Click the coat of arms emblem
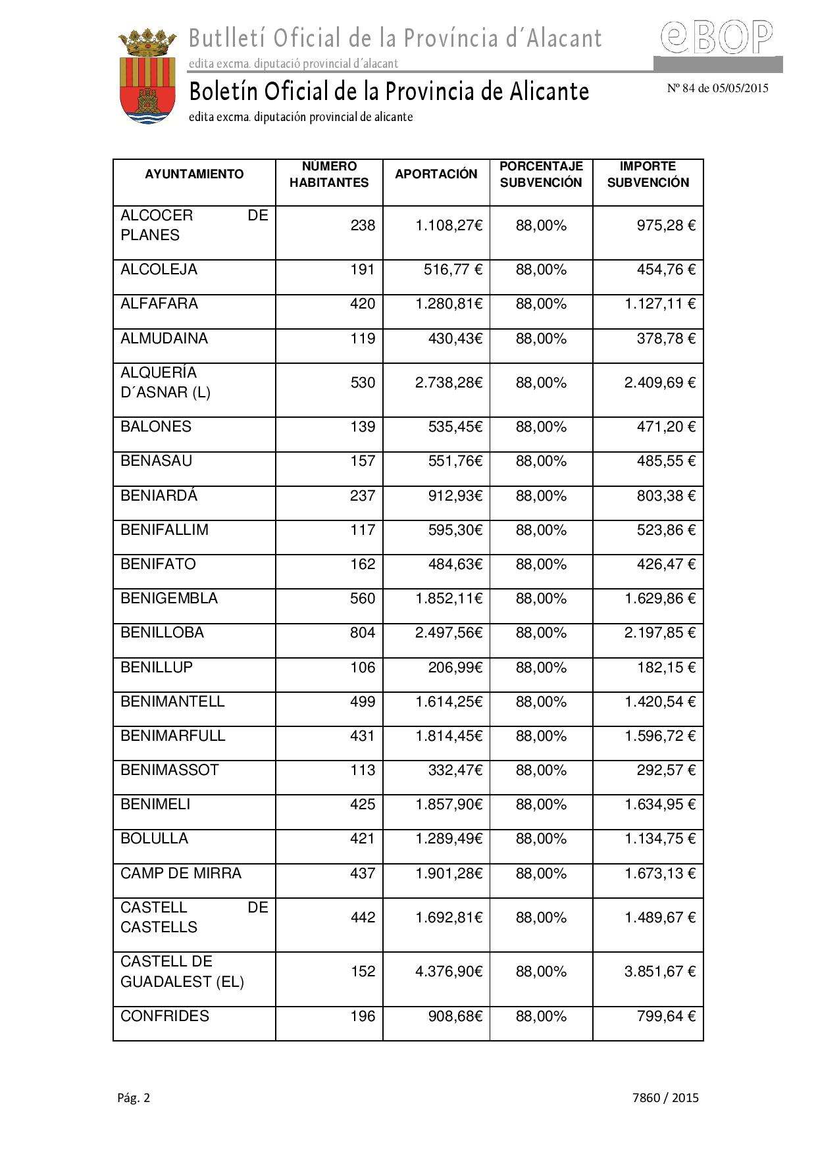point(147,76)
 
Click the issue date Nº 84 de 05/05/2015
point(717,88)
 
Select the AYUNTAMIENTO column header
point(194,174)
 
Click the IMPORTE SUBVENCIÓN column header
point(648,174)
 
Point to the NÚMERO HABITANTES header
point(329,174)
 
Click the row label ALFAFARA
point(159,304)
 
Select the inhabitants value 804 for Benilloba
point(363,633)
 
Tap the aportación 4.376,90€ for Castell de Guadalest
point(449,972)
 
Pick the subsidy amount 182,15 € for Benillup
point(665,668)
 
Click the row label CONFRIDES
point(165,1016)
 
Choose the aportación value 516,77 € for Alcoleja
point(453,270)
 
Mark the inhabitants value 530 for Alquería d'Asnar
point(363,383)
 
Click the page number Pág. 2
point(134,1097)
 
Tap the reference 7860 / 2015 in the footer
point(665,1097)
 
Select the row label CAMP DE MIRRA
point(181,874)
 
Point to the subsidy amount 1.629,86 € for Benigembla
point(659,599)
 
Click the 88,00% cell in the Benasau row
point(541,461)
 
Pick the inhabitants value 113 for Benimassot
point(363,770)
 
